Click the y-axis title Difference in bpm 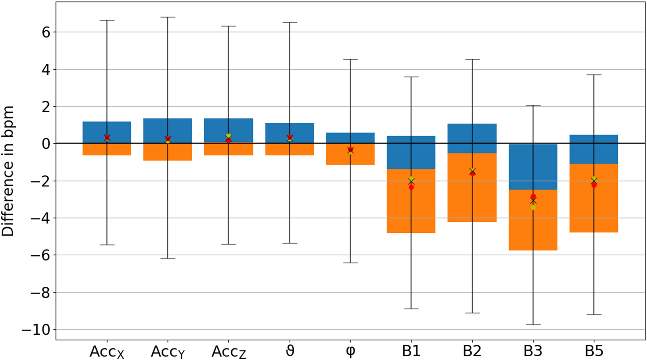coord(8,171)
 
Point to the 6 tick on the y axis coord(46,32)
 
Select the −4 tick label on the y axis coord(40,218)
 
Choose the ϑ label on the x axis coord(290,351)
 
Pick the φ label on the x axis coord(350,351)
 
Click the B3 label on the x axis coord(533,351)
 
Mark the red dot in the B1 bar coord(411,187)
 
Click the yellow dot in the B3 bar coord(533,208)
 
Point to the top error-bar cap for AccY coord(168,17)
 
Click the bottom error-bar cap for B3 coord(533,325)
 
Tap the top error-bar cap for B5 coord(594,75)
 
